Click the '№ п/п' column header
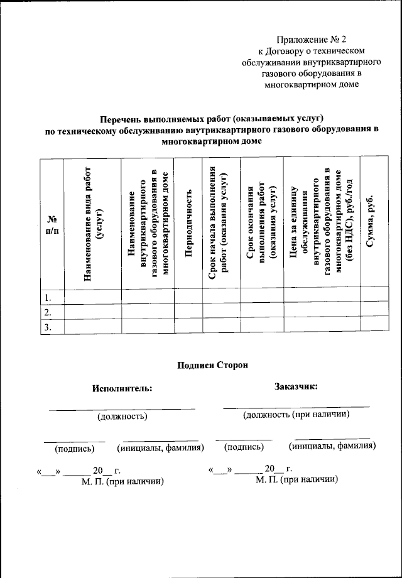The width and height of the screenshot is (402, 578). (x=52, y=224)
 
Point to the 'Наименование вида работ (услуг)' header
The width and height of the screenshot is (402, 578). (x=92, y=224)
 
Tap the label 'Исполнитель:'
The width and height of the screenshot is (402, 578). (x=122, y=388)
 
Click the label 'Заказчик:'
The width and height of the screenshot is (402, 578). (x=296, y=386)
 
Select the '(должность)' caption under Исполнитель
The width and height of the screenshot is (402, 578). (x=122, y=416)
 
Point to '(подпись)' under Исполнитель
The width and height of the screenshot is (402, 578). (x=75, y=448)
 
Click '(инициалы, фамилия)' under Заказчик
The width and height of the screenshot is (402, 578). (x=332, y=446)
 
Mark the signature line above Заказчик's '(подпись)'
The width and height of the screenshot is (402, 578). (x=244, y=439)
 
